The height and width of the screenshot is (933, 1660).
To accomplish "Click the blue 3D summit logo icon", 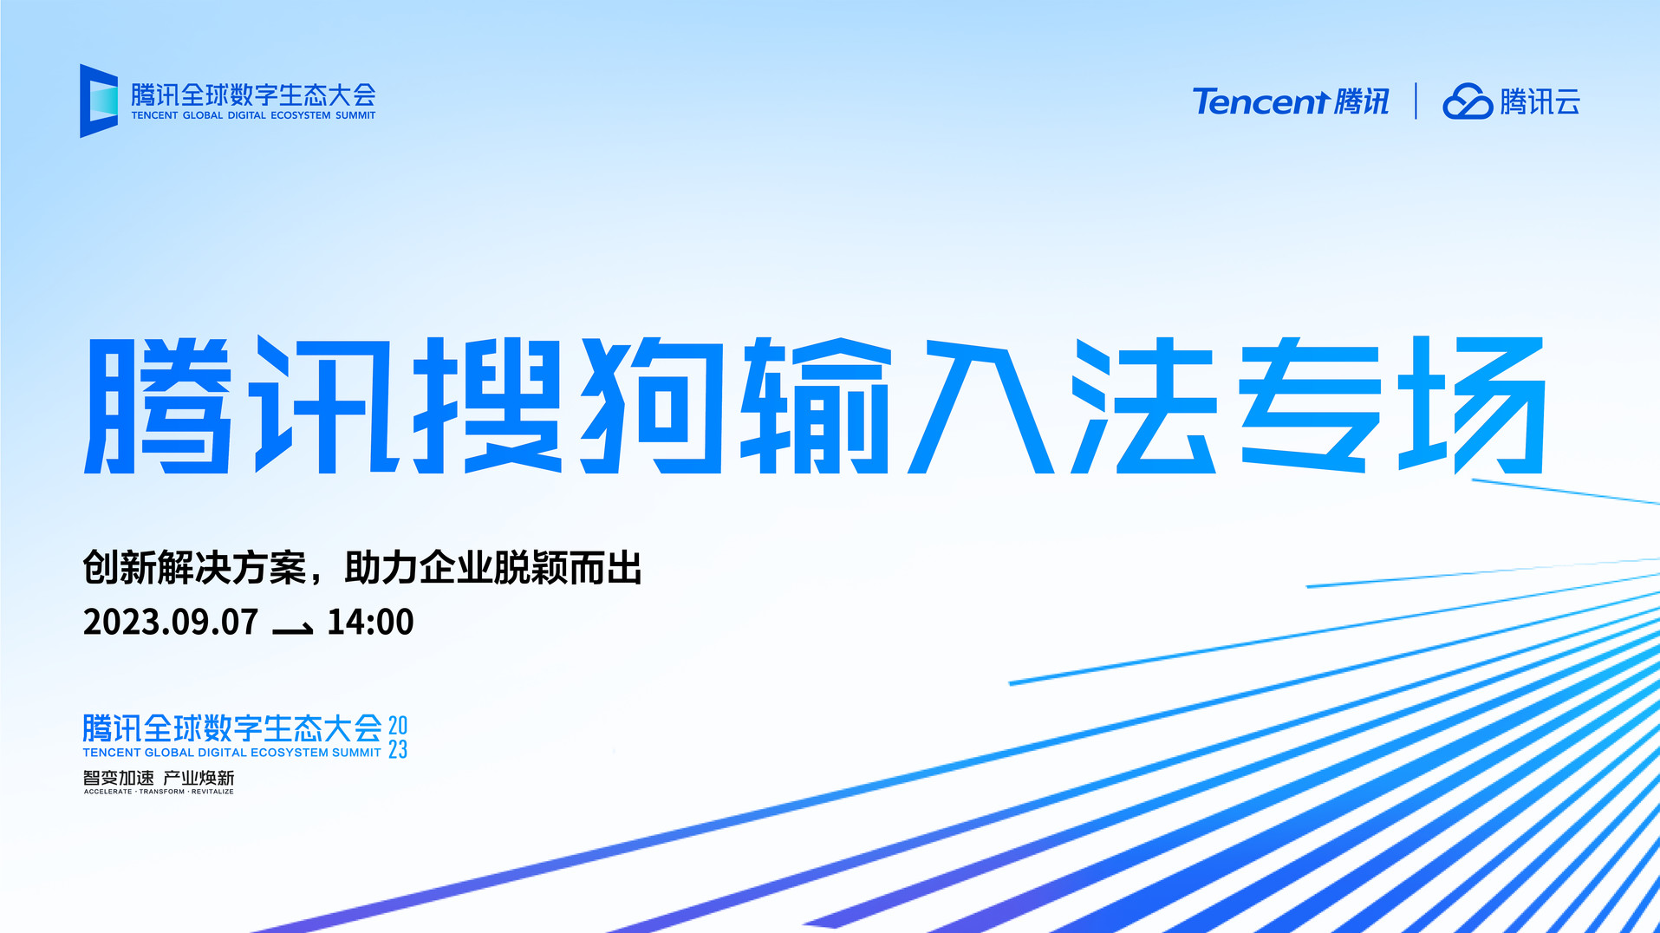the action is click(99, 101).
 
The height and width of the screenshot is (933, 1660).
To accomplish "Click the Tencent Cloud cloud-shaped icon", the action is click(1467, 101).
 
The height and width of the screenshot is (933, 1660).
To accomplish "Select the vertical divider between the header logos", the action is click(1416, 101).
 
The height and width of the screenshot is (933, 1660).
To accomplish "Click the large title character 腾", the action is click(159, 406).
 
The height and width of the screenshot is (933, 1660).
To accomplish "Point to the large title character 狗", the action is click(652, 406).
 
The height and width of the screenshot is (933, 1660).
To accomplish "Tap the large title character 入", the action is click(980, 406).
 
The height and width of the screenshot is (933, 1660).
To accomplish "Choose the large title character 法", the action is click(1143, 406).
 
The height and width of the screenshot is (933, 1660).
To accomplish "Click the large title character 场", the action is click(1473, 406).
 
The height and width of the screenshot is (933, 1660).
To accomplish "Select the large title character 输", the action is click(816, 406).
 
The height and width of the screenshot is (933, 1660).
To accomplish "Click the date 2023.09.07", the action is click(171, 623).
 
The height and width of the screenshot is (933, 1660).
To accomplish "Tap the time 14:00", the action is click(370, 623).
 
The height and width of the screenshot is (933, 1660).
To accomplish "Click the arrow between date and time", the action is click(293, 629).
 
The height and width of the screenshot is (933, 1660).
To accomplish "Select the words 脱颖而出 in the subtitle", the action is click(567, 569).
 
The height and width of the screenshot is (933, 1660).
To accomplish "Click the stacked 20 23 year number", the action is click(398, 737).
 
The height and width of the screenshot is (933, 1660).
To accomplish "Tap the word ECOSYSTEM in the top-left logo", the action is click(301, 115).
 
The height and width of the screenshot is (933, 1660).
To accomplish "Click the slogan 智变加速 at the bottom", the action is click(118, 778).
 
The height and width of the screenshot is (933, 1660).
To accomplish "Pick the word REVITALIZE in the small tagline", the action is click(212, 792).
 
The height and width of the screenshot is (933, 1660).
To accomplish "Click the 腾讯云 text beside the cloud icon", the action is click(1540, 102).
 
